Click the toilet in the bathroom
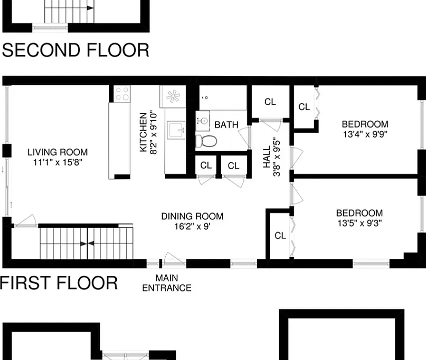tap(206, 141)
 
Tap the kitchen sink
tap(176, 130)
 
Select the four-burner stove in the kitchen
tap(122, 94)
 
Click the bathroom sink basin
tap(202, 120)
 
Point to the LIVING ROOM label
tap(57, 152)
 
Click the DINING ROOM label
tap(192, 216)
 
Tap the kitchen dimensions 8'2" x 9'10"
tap(153, 132)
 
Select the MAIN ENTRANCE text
tap(167, 283)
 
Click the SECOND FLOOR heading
tap(76, 50)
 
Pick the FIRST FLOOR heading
tap(59, 283)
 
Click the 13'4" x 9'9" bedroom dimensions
tap(365, 134)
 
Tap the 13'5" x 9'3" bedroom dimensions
tap(360, 223)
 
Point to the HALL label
tap(267, 157)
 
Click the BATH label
tap(226, 125)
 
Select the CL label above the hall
tap(270, 101)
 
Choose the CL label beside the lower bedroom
tap(280, 235)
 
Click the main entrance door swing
tap(174, 258)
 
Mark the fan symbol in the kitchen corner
tap(173, 96)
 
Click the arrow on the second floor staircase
tap(90, 8)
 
